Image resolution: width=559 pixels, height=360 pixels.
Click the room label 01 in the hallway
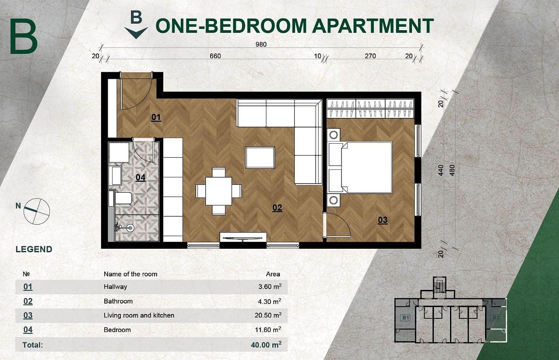tap(156, 117)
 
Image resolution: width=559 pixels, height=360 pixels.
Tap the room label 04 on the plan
tap(141, 177)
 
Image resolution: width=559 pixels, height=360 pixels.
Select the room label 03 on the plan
tap(383, 220)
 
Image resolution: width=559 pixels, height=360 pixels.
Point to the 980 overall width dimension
tap(261, 44)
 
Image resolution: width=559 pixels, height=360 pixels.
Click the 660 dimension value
tap(215, 56)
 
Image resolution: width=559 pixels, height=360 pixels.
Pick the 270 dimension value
tap(370, 56)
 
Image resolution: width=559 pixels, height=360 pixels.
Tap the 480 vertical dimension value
tap(452, 170)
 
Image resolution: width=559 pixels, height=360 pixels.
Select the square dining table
tap(218, 191)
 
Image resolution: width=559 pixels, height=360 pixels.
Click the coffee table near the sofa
tap(260, 158)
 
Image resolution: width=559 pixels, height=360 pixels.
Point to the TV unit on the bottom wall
tap(243, 237)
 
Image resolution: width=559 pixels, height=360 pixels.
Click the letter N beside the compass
tap(18, 206)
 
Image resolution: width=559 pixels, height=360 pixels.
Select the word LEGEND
tap(34, 249)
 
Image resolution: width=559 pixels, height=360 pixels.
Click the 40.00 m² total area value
tap(266, 345)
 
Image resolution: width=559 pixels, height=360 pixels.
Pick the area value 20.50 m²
tap(268, 315)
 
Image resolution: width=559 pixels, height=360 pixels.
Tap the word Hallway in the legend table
tap(115, 286)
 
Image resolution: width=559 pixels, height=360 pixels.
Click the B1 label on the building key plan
tap(405, 318)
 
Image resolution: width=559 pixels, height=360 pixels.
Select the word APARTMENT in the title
tap(373, 25)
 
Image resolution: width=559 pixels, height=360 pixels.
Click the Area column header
tap(273, 274)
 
